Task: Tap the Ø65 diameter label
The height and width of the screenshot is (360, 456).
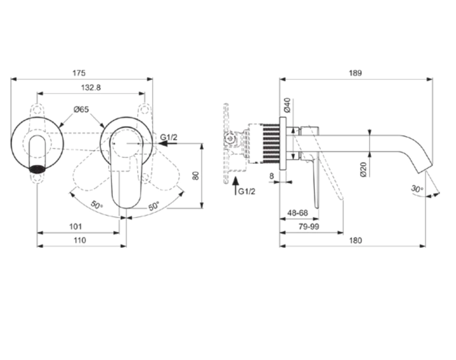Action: [81, 110]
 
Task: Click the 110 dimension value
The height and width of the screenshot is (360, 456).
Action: [80, 240]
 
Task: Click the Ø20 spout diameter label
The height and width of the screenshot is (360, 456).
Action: [363, 169]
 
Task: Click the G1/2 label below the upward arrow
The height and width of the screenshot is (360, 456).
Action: [246, 191]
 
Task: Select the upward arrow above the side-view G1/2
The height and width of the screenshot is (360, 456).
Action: [235, 182]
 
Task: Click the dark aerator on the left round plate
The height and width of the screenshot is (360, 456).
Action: [37, 168]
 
